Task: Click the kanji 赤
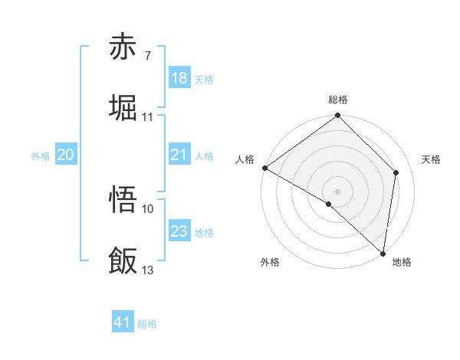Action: pos(123,47)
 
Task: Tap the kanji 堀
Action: pos(123,108)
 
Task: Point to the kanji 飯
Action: pos(123,261)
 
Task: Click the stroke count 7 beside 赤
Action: pos(147,56)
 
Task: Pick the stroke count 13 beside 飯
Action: pos(148,270)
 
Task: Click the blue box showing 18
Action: pos(179,78)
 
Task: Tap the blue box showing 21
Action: pos(179,155)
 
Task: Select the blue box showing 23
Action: pos(179,231)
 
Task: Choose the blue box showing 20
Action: pos(65,155)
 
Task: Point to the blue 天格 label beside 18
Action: pos(204,80)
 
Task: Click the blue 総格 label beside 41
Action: pos(147,324)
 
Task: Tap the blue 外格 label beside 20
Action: pos(41,156)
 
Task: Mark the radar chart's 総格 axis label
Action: pos(338,100)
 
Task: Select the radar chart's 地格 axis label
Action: pos(402,262)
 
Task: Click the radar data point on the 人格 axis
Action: pos(264,168)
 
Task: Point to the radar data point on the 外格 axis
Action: pos(329,204)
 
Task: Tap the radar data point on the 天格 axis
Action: pos(396,172)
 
